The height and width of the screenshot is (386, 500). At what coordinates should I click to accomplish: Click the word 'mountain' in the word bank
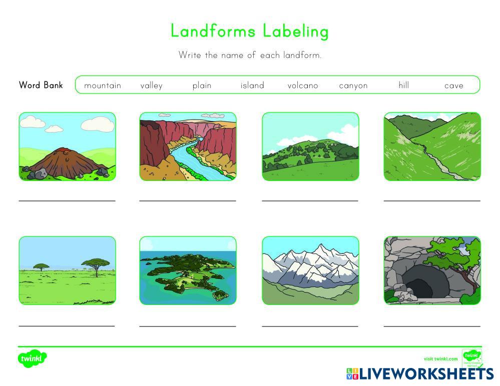(x=103, y=85)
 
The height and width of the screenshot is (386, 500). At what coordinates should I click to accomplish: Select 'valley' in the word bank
(x=151, y=85)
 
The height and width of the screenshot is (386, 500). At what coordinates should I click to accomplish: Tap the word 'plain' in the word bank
(x=202, y=85)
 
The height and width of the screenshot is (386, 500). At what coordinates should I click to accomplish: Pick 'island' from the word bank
(x=252, y=85)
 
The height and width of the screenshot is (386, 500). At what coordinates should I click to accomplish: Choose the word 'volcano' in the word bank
(x=303, y=85)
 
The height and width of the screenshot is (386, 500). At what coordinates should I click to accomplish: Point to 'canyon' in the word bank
(x=353, y=85)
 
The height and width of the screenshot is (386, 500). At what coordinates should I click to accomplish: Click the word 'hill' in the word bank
(x=404, y=85)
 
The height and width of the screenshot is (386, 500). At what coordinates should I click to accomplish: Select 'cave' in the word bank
(x=454, y=85)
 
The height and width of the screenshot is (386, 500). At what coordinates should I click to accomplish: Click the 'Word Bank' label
(x=41, y=85)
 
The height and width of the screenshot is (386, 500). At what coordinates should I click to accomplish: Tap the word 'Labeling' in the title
(x=289, y=31)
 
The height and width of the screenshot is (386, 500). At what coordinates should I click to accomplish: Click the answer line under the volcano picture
(x=67, y=200)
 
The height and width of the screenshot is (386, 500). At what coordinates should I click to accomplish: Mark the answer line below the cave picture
(x=432, y=325)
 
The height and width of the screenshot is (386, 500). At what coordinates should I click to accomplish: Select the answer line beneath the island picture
(x=188, y=325)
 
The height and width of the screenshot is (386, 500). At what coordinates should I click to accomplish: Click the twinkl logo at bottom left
(x=33, y=358)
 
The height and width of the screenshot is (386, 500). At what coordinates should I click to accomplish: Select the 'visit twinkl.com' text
(x=440, y=359)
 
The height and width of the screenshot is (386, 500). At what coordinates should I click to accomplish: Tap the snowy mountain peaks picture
(x=310, y=270)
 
